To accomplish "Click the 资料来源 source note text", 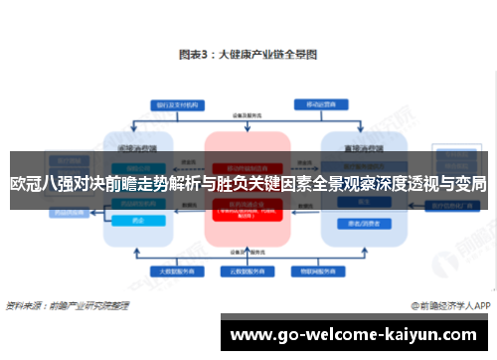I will (68, 305).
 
